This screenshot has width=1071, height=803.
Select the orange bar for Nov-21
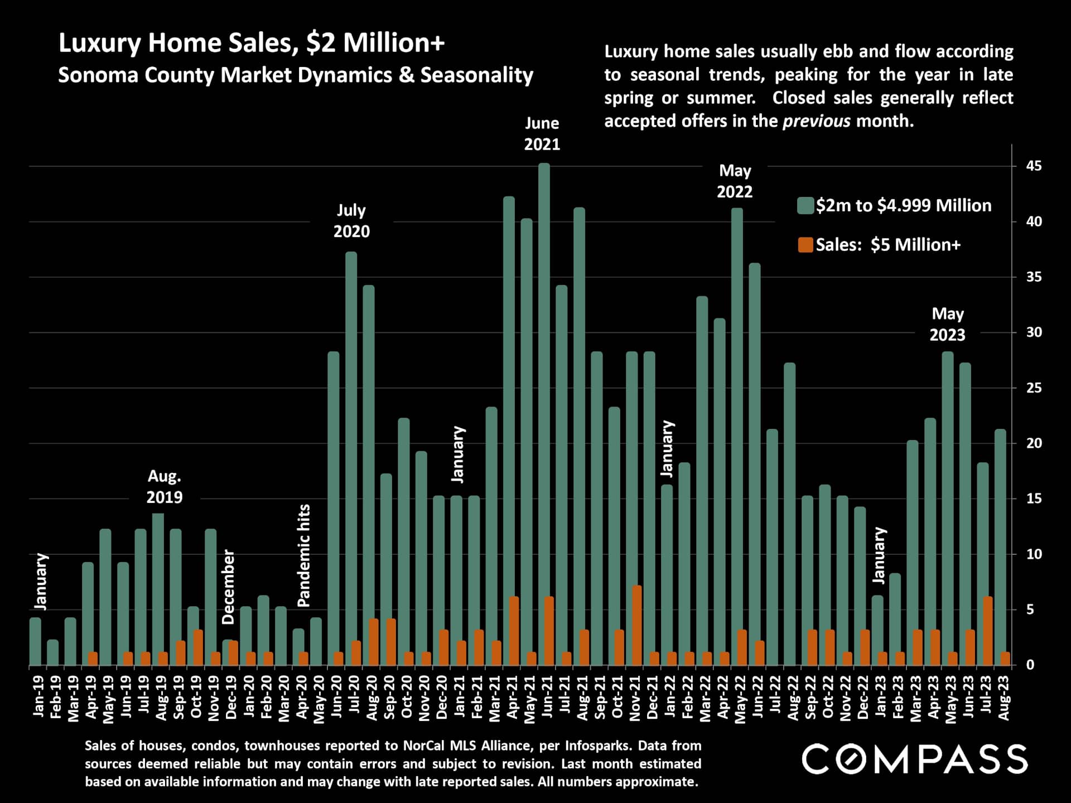[x=636, y=625]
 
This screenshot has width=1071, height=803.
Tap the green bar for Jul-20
[x=351, y=446]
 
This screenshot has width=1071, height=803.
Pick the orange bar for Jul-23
[x=987, y=631]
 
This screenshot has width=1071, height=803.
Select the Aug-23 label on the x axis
[x=1004, y=698]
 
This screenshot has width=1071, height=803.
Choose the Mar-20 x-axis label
[x=284, y=698]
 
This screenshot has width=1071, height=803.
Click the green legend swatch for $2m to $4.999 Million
[x=805, y=205]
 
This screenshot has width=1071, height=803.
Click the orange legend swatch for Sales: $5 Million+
[x=805, y=245]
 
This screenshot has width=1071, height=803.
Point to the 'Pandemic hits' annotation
[x=303, y=555]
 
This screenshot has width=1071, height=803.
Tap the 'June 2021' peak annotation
[x=542, y=134]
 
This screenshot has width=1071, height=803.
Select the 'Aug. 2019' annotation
[x=164, y=487]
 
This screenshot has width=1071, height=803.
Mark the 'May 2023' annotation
[x=947, y=324]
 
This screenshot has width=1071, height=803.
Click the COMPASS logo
[x=914, y=759]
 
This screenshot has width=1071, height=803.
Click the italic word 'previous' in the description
[x=817, y=121]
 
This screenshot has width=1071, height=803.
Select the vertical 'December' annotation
[x=229, y=587]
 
